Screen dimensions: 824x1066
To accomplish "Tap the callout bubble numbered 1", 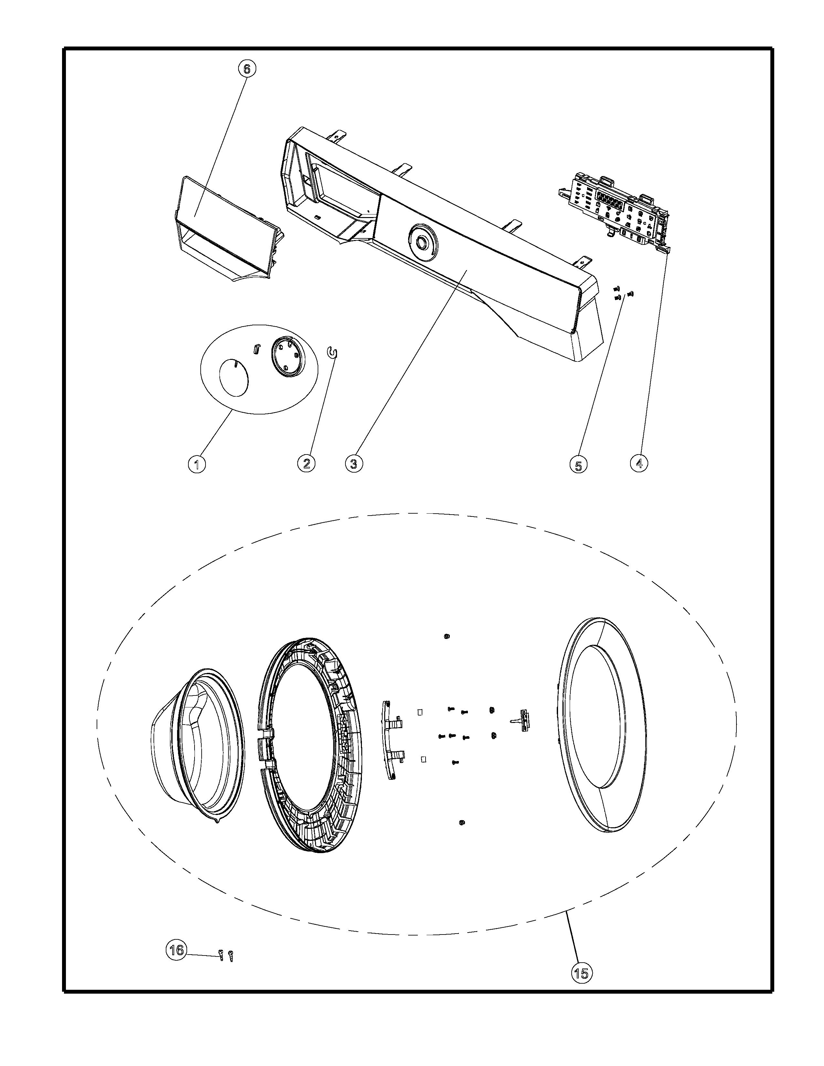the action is [197, 464].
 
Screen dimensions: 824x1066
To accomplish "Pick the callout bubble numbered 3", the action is [354, 463].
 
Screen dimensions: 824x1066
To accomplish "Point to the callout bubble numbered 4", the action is [639, 463].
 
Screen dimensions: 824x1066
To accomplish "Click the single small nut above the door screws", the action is [447, 636].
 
